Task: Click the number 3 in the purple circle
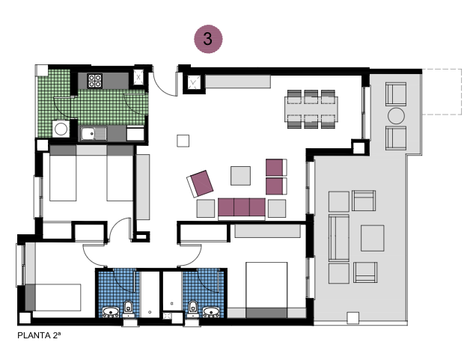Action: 208,39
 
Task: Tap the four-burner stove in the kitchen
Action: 95,79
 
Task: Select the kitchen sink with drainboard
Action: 93,134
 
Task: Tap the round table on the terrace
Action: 395,116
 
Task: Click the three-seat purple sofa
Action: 242,207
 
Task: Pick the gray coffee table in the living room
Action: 241,175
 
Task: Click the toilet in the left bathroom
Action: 129,305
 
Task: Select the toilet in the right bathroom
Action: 193,305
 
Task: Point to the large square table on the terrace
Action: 372,238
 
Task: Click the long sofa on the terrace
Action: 339,237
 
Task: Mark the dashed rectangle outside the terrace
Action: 442,91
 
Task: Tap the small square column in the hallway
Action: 183,140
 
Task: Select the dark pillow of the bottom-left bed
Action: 31,297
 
